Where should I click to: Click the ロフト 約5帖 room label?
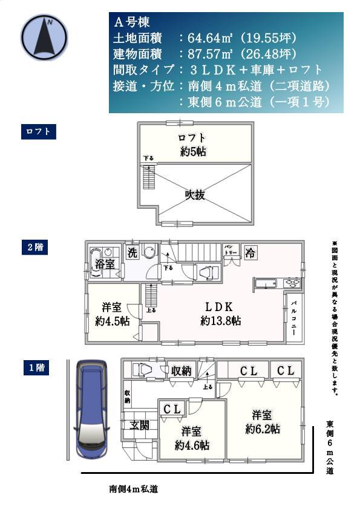pos(192,145)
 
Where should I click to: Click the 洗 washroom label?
pos(132,254)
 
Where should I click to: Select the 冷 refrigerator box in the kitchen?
pos(250,253)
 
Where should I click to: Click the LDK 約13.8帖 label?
pos(221,312)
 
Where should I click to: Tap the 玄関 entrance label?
pos(139,425)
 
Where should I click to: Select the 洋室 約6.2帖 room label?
pos(262,421)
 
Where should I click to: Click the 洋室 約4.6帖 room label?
pos(191,438)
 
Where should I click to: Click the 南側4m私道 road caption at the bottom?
pos(134,488)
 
